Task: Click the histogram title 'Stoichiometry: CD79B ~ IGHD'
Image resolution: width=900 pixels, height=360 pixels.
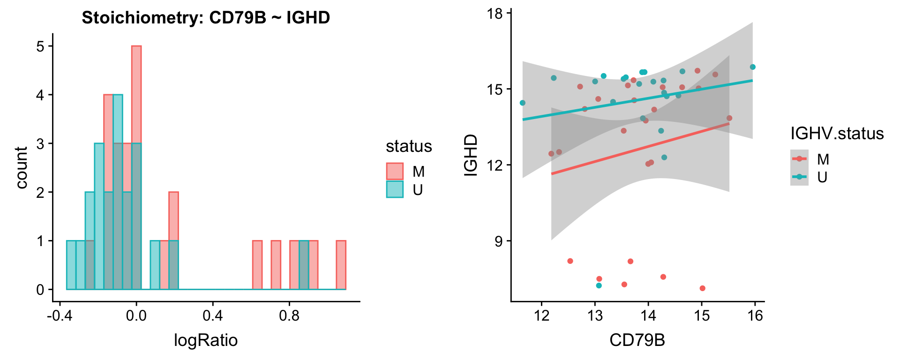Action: coord(206,18)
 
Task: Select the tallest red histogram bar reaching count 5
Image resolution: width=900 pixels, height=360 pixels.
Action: coord(136,94)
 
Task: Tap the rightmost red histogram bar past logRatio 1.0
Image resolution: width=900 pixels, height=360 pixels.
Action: coord(341,265)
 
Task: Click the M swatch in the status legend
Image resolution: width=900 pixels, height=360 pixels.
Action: coord(395,172)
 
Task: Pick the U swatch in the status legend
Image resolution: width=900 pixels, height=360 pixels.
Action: coord(395,189)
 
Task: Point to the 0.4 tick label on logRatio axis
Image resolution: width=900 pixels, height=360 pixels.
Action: coord(213,315)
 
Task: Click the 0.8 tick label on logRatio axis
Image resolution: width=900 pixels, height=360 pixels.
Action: coord(289,315)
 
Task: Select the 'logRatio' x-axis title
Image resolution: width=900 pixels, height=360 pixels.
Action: coord(206,340)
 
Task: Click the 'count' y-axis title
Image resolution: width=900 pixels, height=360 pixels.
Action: coord(22,167)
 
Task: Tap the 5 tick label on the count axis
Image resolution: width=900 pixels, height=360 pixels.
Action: coord(40,46)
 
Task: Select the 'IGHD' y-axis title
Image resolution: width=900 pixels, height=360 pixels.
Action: coord(470,155)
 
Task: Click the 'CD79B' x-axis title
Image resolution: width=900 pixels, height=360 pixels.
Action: coord(637,340)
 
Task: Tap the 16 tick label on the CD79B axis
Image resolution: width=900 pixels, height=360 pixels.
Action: coord(755,315)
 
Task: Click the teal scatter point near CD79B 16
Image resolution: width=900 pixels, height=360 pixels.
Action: coord(753,67)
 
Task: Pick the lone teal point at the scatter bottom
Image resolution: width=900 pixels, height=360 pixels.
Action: coord(599,285)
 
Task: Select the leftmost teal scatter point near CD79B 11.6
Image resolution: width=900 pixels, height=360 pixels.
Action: coord(523,103)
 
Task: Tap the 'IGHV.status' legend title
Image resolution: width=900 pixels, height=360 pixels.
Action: coord(837,134)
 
